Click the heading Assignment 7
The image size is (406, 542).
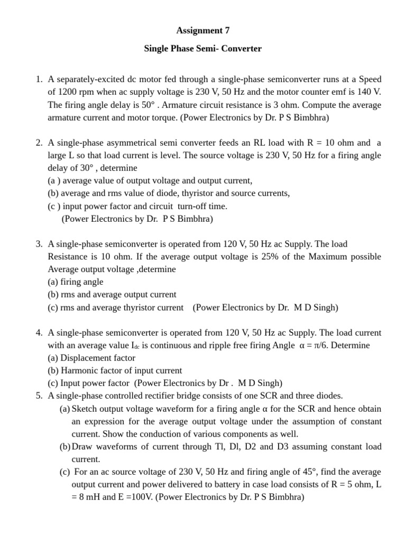203,30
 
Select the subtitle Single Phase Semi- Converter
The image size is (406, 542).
203,49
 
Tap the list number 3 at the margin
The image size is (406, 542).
39,244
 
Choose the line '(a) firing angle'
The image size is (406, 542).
76,282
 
